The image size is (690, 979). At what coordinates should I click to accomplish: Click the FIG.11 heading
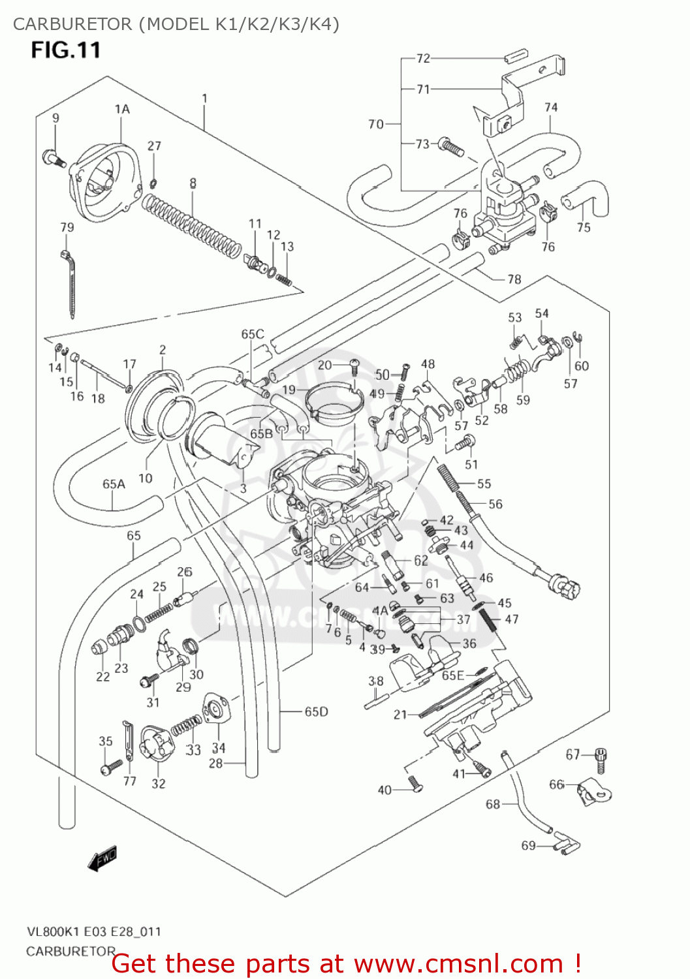66,50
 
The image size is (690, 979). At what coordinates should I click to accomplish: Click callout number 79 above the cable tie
67,227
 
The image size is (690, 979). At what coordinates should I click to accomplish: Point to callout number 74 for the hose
551,107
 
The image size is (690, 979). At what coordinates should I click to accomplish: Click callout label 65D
317,711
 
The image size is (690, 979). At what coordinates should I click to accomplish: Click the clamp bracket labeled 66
595,791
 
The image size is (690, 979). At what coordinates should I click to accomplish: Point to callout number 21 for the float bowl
400,715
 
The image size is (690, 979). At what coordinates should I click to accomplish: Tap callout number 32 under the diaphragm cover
159,783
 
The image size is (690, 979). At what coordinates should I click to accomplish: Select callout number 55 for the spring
484,484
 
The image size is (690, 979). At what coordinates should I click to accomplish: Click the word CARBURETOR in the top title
72,24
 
